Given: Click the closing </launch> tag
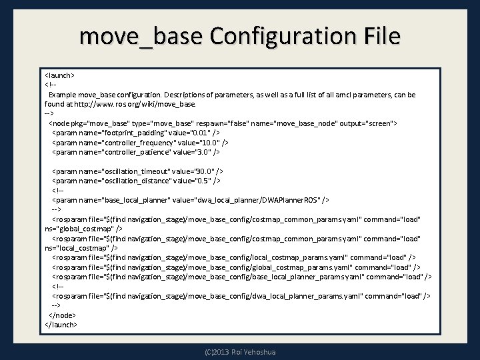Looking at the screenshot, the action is [x=61, y=324].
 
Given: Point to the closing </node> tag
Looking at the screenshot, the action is [x=63, y=315].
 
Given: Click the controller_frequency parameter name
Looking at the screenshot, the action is [x=142, y=143].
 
